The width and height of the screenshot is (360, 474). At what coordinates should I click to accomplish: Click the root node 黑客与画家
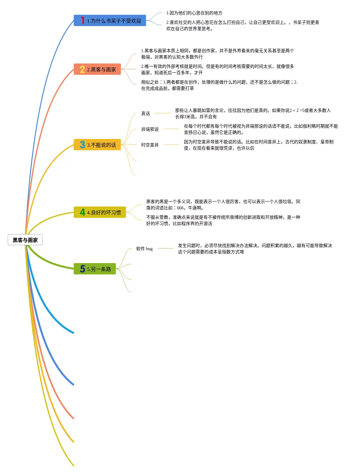tap(25, 240)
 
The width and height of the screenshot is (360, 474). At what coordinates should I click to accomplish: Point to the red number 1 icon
tap(82, 21)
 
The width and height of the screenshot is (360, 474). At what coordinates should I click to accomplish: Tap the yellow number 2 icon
tap(82, 69)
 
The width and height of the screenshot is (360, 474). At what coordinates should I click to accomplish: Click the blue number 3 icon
tap(82, 145)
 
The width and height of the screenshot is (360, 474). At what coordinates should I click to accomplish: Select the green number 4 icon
tap(82, 212)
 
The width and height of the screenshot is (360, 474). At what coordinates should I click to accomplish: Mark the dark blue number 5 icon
tap(82, 269)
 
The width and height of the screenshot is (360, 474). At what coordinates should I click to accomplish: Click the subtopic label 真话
tap(146, 113)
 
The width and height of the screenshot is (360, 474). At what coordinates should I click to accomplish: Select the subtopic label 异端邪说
tap(150, 129)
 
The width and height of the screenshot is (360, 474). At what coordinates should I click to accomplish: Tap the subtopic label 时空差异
tap(150, 145)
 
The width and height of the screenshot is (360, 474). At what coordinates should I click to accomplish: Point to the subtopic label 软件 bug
tap(144, 249)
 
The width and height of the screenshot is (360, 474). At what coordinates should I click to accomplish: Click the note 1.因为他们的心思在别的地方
tap(194, 13)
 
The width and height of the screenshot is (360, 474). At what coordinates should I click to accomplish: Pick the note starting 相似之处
tap(219, 85)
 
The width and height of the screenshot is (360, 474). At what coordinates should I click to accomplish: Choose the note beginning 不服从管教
tap(223, 220)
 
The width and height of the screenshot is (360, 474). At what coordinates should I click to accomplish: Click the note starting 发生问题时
tap(255, 249)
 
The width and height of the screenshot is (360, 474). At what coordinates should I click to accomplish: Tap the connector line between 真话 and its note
tap(163, 113)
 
